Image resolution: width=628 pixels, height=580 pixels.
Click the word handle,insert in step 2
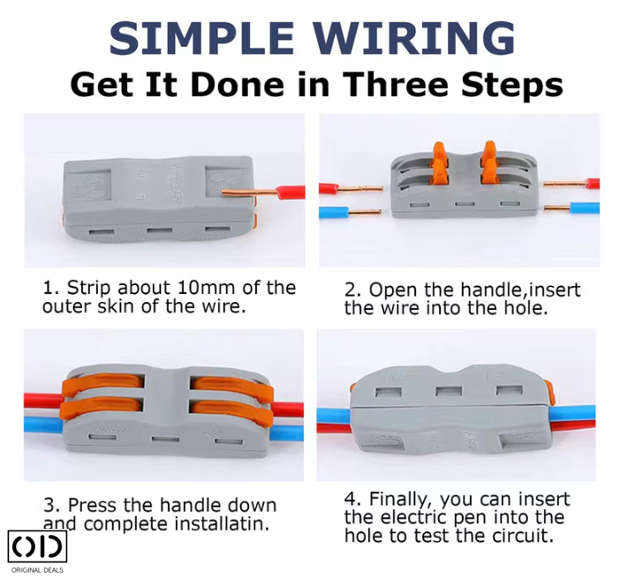[520, 290]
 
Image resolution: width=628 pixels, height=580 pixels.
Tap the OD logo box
[37, 546]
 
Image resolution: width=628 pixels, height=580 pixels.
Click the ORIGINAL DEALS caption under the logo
[37, 570]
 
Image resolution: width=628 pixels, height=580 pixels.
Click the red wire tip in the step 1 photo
[290, 192]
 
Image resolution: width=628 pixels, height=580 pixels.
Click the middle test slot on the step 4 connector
[449, 391]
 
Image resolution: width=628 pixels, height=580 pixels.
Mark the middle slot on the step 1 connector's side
[159, 231]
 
